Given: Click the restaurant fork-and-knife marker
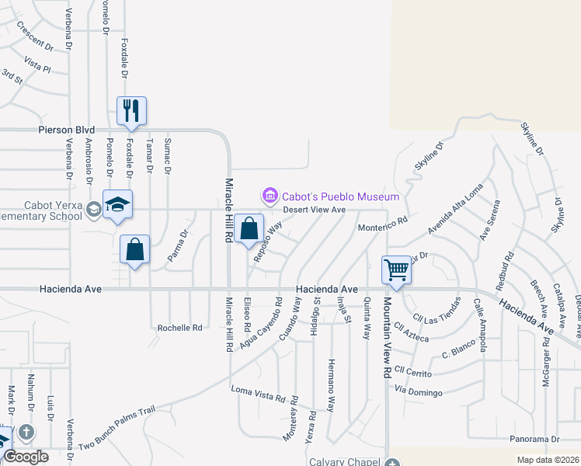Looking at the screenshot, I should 131,110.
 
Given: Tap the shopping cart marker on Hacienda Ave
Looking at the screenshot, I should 396,270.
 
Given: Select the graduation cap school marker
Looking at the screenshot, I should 117,204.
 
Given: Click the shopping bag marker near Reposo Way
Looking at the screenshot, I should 249,229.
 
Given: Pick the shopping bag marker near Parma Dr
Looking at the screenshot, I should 135,249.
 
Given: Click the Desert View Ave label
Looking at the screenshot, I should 314,210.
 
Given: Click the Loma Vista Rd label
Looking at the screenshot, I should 259,393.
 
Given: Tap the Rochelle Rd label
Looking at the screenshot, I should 179,328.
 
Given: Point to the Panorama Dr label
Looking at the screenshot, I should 535,439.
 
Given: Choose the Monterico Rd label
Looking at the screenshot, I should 382,224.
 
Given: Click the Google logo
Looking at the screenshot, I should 25,457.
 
